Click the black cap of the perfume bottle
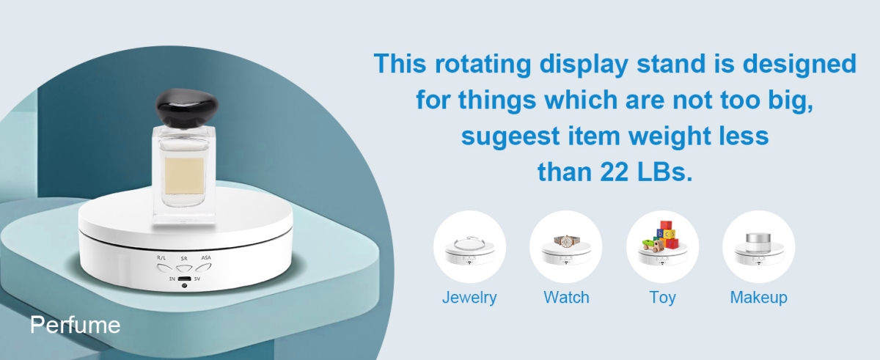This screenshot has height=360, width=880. pos(186,107)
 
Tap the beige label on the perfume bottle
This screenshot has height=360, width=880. pos(184,176)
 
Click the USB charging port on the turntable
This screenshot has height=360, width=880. pos(184,279)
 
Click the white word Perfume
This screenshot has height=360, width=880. pos(75,326)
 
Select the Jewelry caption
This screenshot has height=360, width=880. pos(469,298)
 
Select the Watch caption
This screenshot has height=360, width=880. pos(566,298)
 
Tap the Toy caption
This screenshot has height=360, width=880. pos(662,298)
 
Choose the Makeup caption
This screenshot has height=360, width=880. pos(758,298)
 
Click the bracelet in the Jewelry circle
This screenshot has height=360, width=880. pos(469,243)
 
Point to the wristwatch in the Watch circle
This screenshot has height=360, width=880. pos(566,241)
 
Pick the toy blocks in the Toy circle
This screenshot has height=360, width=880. pos(661,235)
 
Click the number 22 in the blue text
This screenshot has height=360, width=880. pos(615,172)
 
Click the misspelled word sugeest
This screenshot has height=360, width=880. pos(510,137)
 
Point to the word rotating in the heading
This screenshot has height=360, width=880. pos(483,64)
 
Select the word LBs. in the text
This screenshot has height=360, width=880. pos(665,172)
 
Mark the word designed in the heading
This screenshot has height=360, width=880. pos(799,64)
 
